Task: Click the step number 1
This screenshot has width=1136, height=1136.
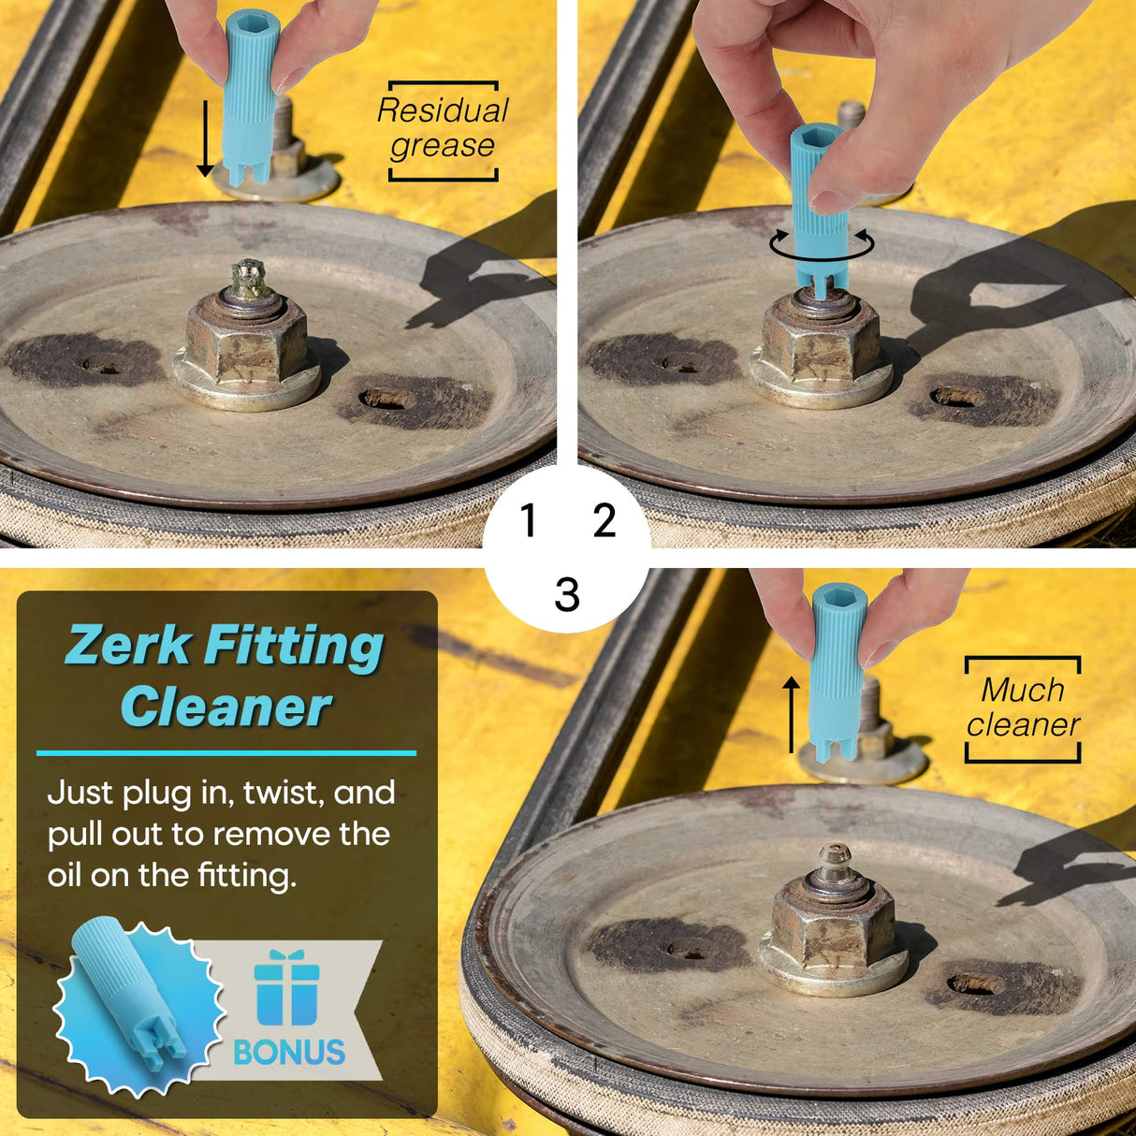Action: click(x=529, y=519)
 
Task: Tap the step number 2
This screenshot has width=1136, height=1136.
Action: click(x=604, y=519)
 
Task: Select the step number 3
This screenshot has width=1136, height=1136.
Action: click(x=567, y=594)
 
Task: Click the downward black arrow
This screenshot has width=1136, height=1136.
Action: click(x=205, y=138)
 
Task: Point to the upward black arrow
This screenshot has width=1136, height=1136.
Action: click(x=791, y=715)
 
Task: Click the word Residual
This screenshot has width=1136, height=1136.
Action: click(x=443, y=110)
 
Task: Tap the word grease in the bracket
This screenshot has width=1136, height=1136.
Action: click(x=442, y=146)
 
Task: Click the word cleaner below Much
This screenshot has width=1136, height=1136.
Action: click(x=1023, y=724)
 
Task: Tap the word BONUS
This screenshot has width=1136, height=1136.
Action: click(x=289, y=1052)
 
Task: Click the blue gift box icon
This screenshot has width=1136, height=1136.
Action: click(x=286, y=988)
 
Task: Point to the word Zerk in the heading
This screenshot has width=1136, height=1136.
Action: click(x=129, y=645)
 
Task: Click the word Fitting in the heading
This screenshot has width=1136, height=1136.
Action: click(x=294, y=648)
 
